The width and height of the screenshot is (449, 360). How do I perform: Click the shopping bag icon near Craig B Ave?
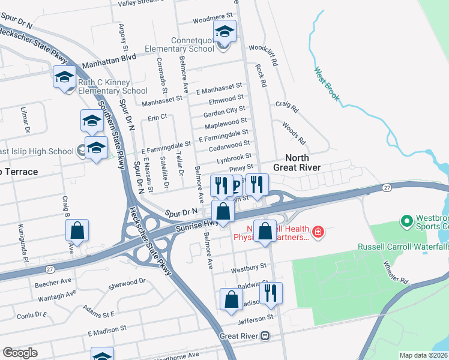click(77, 230)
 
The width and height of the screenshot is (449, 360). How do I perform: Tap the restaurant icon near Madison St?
click(271, 293)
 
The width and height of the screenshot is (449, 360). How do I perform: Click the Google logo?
click(20, 353)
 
